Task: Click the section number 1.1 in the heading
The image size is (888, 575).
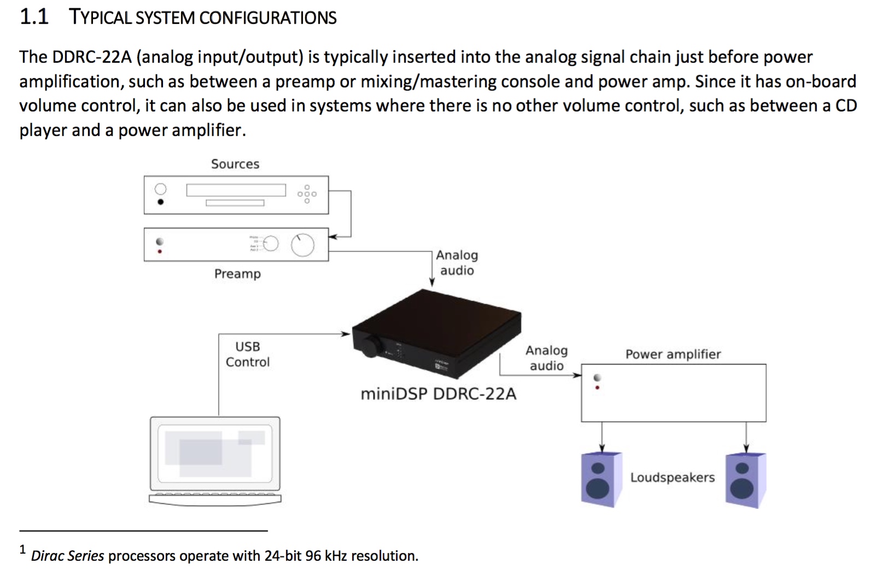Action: tap(34, 17)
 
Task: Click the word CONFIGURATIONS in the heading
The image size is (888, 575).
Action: tap(267, 18)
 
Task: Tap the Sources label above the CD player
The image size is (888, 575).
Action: tap(235, 164)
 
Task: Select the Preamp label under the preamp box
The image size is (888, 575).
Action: tap(237, 274)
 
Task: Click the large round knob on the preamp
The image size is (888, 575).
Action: tap(302, 245)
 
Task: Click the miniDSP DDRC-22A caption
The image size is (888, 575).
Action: tap(438, 394)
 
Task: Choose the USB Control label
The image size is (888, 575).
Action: tap(248, 354)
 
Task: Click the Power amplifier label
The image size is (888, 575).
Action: tap(673, 354)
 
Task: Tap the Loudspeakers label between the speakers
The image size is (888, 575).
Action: tap(672, 478)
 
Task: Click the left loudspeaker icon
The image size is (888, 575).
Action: tap(601, 479)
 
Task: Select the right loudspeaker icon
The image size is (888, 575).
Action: tap(745, 480)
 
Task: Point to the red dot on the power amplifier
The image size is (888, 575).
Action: tap(597, 388)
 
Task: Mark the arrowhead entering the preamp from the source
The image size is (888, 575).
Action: tap(333, 236)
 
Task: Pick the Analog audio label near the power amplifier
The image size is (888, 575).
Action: tap(546, 358)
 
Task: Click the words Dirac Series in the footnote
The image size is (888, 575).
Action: tap(67, 556)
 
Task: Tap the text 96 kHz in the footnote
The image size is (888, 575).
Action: tap(326, 556)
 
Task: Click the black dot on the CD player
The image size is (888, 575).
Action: tap(160, 202)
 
